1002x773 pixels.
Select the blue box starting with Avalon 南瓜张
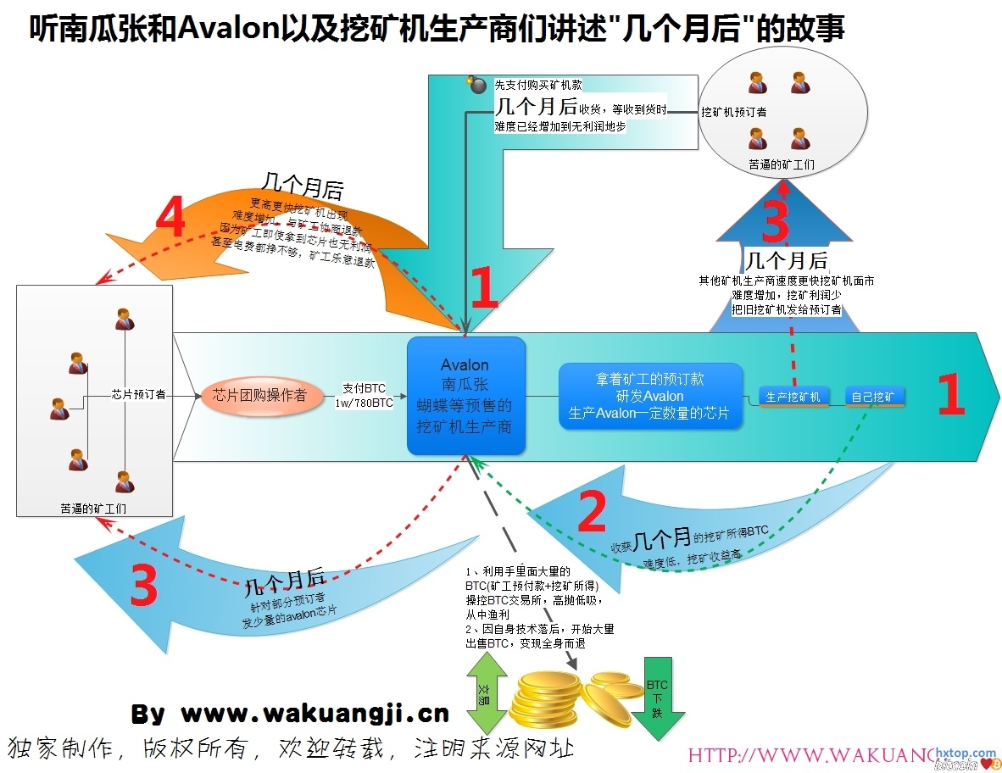(x=465, y=396)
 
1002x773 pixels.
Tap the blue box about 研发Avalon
(x=650, y=396)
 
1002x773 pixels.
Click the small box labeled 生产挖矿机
(x=793, y=397)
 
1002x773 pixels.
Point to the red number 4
(x=170, y=220)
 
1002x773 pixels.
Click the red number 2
(x=592, y=513)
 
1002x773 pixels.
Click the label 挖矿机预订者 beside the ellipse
(x=734, y=111)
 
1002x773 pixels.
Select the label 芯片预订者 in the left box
(x=138, y=394)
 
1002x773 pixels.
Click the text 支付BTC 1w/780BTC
(x=368, y=396)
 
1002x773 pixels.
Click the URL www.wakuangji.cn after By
(x=315, y=714)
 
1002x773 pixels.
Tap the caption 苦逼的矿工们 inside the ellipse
(x=782, y=164)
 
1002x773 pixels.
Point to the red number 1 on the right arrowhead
(x=950, y=396)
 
